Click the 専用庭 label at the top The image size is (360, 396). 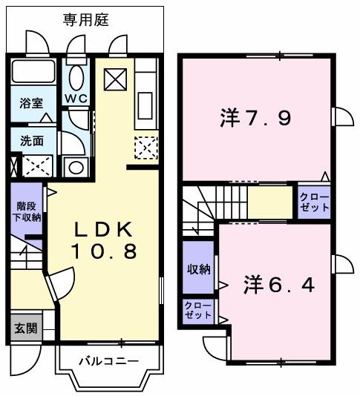click(x=85, y=19)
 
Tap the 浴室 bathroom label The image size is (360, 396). click(x=30, y=103)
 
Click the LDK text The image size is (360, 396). click(x=104, y=228)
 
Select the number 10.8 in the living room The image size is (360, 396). click(x=104, y=252)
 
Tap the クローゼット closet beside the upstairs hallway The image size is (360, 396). click(x=314, y=202)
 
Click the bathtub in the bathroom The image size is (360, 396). click(x=34, y=74)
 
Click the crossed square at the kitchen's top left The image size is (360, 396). click(x=115, y=79)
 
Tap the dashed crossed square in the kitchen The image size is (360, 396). click(x=145, y=149)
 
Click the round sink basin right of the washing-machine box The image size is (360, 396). click(x=76, y=167)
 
